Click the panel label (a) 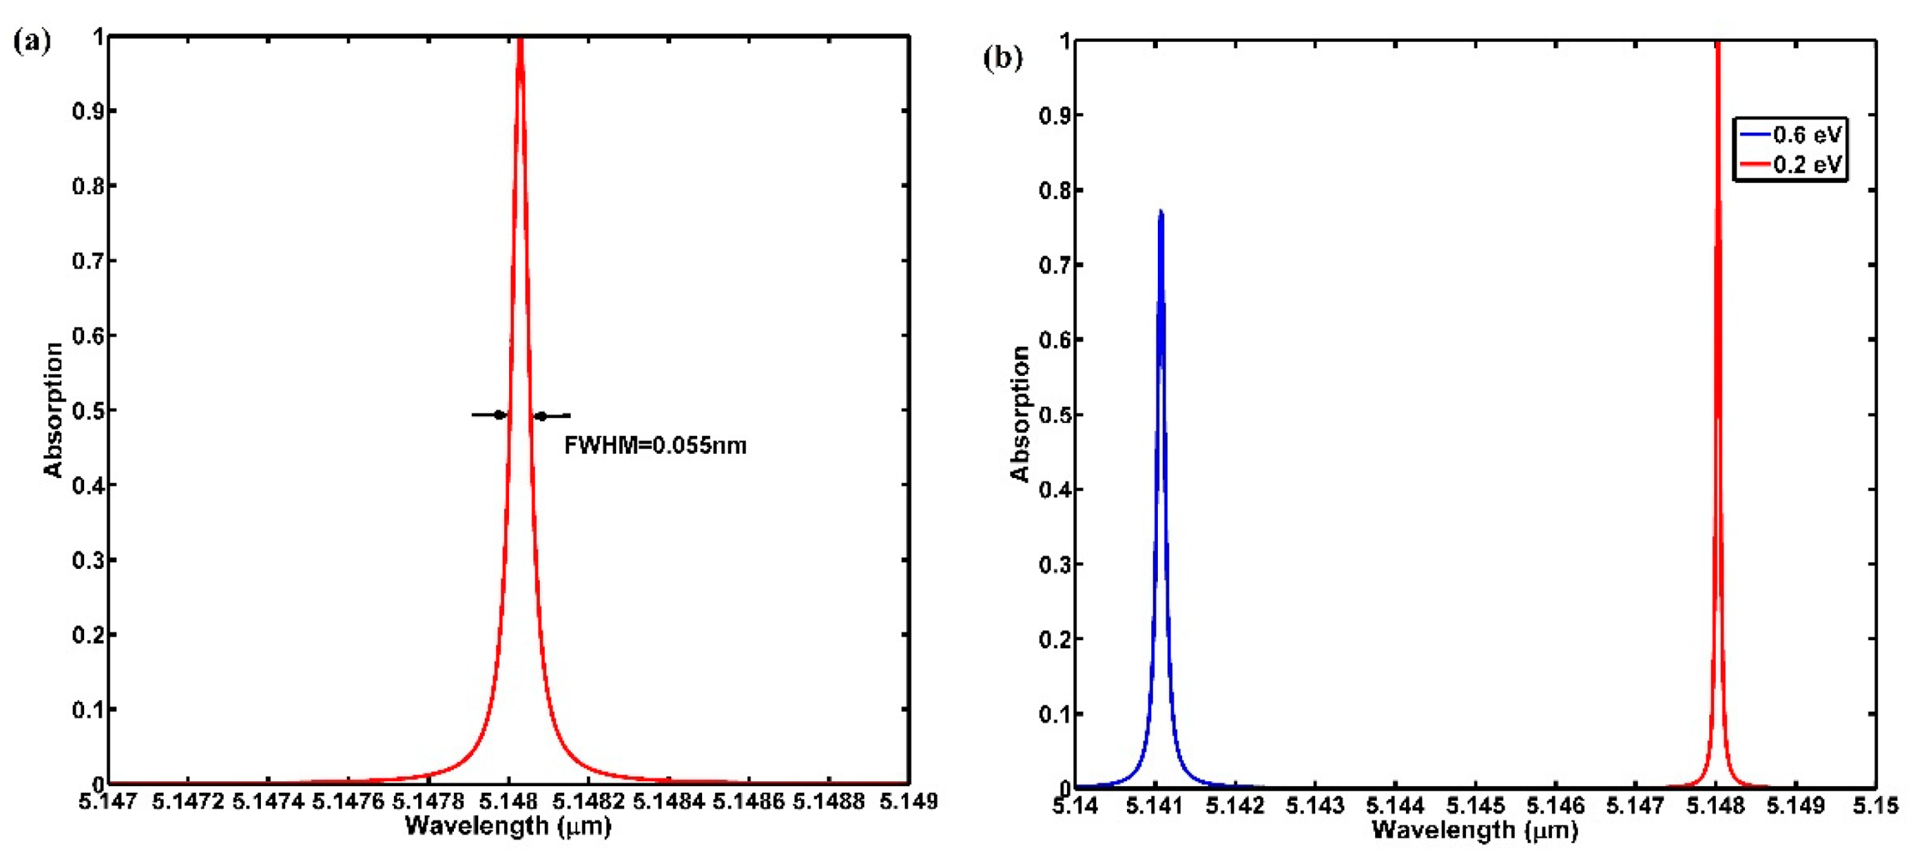(x=32, y=42)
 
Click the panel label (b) (x=1003, y=58)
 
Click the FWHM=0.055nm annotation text (x=655, y=446)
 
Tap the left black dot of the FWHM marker (x=500, y=415)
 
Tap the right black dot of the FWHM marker (x=542, y=416)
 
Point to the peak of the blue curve (x=1161, y=212)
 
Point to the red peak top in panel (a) (x=520, y=41)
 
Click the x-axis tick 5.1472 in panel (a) (x=188, y=802)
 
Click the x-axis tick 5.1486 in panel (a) (x=748, y=802)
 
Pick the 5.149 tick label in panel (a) (x=908, y=802)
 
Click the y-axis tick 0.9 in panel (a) (x=89, y=112)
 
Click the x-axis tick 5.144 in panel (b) (x=1396, y=806)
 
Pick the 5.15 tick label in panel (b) (x=1877, y=806)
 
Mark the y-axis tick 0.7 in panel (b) (x=1055, y=266)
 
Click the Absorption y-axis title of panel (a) (x=54, y=409)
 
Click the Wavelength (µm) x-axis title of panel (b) (x=1474, y=830)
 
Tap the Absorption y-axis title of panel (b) (x=1020, y=414)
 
